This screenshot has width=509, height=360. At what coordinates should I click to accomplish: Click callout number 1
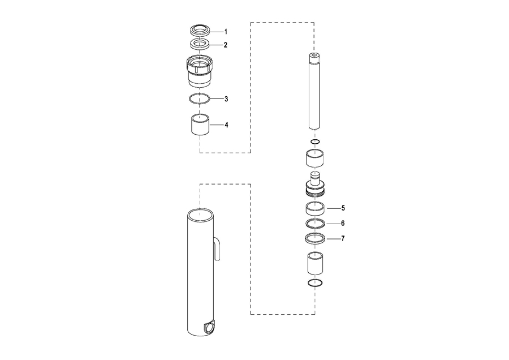[x=226, y=32]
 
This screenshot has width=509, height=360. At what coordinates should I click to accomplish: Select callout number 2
[x=226, y=45]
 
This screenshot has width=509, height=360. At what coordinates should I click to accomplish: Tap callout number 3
[x=226, y=98]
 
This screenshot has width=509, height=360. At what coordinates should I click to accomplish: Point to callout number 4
[x=226, y=125]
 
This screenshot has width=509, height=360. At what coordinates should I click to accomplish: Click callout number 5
[x=343, y=208]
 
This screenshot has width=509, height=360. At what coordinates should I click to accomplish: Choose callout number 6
[x=343, y=223]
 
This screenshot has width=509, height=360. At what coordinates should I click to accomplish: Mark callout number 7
[x=343, y=238]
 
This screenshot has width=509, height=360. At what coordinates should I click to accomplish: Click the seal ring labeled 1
[x=200, y=30]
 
